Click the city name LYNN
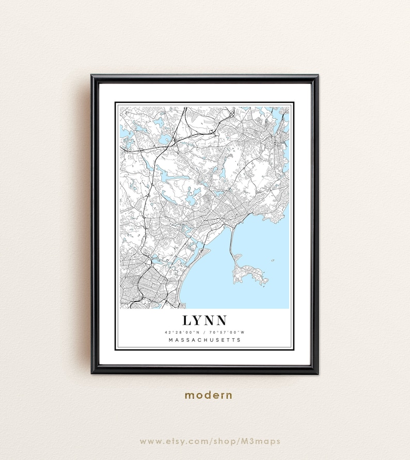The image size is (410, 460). click(x=204, y=320)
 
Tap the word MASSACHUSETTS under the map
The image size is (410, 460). click(x=204, y=340)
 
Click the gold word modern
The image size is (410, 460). click(x=209, y=395)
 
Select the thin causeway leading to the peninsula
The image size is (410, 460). click(x=232, y=243)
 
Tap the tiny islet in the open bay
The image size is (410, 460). click(x=272, y=260)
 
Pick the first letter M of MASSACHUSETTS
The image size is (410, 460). click(x=171, y=340)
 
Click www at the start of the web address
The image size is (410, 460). click(x=148, y=441)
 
